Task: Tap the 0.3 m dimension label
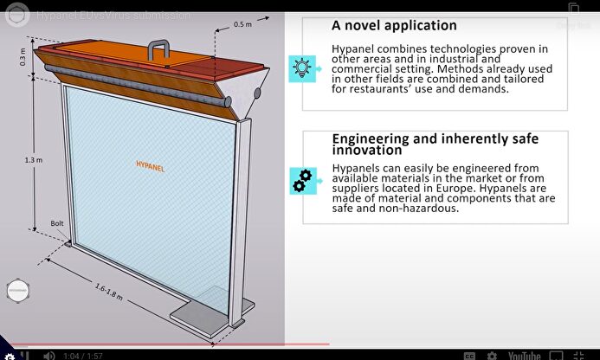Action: pyautogui.click(x=23, y=56)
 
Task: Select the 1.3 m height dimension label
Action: pyautogui.click(x=32, y=159)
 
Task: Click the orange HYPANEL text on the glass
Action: pyautogui.click(x=150, y=163)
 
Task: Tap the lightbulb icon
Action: pyautogui.click(x=302, y=67)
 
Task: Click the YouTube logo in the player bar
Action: pyautogui.click(x=525, y=355)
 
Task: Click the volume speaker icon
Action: pyautogui.click(x=49, y=355)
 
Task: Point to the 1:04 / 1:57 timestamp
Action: pyautogui.click(x=83, y=355)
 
